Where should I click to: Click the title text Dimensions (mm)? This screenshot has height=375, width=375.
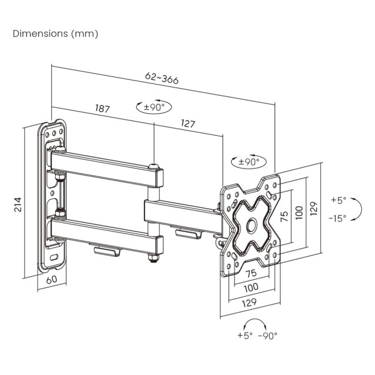55,34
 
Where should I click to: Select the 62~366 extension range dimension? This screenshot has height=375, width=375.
162,79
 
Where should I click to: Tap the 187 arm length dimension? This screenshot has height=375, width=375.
102,109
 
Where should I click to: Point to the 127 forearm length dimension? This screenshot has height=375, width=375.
188,124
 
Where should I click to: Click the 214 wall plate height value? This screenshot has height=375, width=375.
18,203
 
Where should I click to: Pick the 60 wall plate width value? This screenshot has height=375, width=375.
51,280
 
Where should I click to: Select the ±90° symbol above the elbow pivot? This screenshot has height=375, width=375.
153,107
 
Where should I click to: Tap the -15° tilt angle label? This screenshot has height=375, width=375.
338,217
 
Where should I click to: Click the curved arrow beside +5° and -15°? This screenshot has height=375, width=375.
356,209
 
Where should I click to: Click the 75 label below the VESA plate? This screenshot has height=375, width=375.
250,274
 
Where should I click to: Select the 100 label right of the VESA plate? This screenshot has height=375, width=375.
299,210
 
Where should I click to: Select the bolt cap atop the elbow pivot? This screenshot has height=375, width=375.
153,168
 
